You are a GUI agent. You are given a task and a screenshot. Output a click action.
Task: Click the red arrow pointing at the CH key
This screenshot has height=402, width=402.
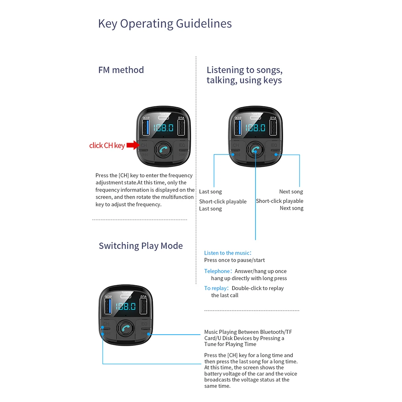(133, 145)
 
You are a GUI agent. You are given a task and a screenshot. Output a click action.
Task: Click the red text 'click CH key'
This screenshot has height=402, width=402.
(107, 145)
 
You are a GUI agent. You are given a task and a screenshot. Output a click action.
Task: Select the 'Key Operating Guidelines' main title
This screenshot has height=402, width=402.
(165, 24)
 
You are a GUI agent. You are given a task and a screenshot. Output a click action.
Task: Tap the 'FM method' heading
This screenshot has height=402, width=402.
(121, 70)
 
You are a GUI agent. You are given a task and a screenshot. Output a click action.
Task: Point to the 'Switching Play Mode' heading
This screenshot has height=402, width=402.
(141, 246)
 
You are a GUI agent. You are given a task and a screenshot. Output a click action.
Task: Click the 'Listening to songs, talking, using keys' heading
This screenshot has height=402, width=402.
(244, 75)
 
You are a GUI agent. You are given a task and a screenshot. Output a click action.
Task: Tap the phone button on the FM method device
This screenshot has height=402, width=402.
(163, 149)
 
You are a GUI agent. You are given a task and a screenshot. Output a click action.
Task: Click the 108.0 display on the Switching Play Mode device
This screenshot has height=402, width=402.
(126, 306)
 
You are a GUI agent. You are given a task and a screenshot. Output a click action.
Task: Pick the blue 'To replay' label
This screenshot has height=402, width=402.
(216, 288)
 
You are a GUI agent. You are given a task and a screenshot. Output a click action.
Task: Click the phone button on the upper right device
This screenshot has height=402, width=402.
(255, 150)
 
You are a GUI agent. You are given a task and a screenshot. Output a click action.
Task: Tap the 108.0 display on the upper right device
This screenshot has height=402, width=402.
(255, 128)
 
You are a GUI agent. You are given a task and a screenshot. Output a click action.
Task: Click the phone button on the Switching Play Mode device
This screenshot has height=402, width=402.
(126, 328)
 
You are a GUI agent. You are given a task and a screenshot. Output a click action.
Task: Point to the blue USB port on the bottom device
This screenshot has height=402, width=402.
(108, 306)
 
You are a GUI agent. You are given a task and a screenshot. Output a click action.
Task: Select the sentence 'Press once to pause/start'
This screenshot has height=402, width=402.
(234, 260)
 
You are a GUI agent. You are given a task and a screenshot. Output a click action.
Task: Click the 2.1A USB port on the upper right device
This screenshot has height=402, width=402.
(273, 127)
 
